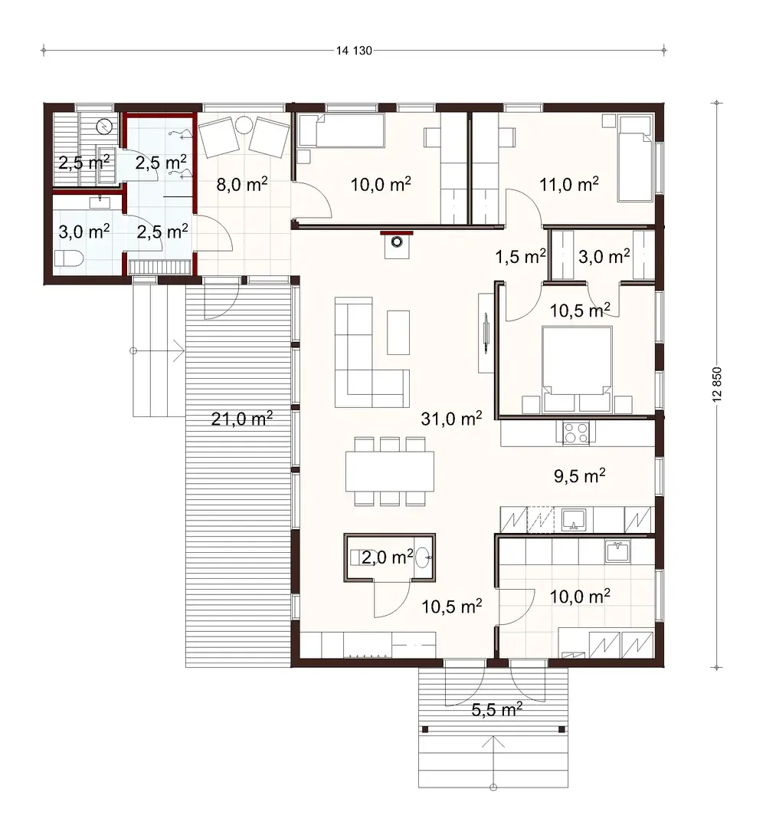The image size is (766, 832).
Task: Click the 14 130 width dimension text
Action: point(353,51)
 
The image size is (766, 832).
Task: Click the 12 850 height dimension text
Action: point(716,384)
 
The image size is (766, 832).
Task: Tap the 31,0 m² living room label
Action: point(451,418)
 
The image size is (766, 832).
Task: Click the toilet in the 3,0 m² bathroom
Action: point(68,258)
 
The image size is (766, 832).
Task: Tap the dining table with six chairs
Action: point(389,471)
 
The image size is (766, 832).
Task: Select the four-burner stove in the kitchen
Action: point(575,433)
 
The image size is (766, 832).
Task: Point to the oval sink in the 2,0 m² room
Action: point(422,558)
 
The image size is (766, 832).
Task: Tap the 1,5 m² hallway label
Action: point(521,256)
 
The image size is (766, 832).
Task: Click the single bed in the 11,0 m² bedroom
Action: point(635,158)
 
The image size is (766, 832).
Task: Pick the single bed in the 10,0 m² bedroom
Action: point(340,131)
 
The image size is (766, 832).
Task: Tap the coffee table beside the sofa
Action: point(398,331)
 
